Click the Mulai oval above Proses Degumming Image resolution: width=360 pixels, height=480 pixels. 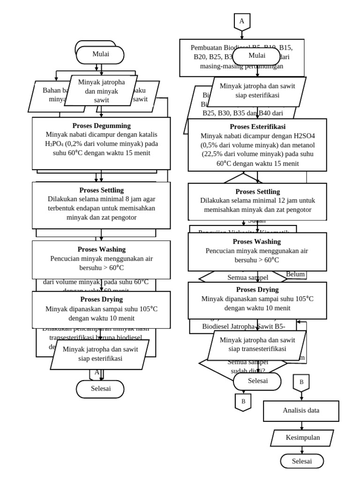coord(100,54)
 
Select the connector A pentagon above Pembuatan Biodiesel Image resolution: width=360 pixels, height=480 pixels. coord(242,22)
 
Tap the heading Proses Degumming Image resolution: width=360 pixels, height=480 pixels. coord(101,126)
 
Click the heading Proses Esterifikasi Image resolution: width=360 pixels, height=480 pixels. coord(257,127)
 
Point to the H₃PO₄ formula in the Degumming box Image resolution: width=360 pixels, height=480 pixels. coord(56,143)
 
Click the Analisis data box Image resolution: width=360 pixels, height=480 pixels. coord(301,411)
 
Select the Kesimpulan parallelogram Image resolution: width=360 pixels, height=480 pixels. coord(302,438)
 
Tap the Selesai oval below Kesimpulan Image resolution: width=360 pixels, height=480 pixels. coord(302,461)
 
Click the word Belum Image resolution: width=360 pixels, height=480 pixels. coord(296,274)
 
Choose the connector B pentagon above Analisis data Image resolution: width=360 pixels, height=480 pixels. coord(301,382)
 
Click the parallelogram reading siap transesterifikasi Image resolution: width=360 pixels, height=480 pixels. coord(257,345)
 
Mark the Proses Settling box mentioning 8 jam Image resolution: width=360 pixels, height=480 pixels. coord(101,205)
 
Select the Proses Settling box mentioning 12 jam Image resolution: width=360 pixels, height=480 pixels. coord(257,201)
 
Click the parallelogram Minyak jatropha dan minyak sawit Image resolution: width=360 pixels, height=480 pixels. coord(101,91)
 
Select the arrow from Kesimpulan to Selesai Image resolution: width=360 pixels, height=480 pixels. coord(302,450)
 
